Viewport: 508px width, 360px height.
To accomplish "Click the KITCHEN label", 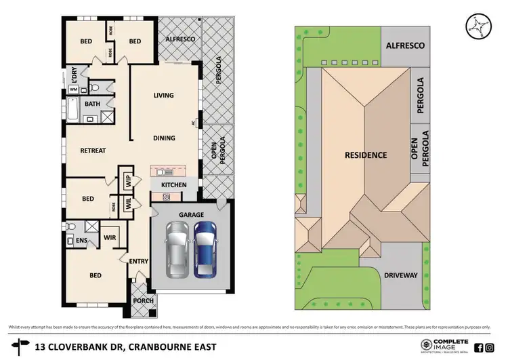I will click(173, 184).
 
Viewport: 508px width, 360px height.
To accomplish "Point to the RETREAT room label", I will click(93, 151).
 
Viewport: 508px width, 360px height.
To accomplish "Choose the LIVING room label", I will click(163, 96).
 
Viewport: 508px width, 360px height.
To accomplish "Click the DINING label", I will click(164, 138).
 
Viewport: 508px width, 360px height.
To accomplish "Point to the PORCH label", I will click(144, 301).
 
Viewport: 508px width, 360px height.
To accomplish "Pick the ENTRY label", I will click(138, 260).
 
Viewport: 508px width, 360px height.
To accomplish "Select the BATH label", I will click(91, 104).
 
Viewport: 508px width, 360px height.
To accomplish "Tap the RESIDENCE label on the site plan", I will click(366, 155).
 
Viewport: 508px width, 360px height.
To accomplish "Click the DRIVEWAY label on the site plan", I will click(402, 275).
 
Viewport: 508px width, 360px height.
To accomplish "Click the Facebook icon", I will click(479, 347).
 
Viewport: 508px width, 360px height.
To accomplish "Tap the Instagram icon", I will click(490, 347).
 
